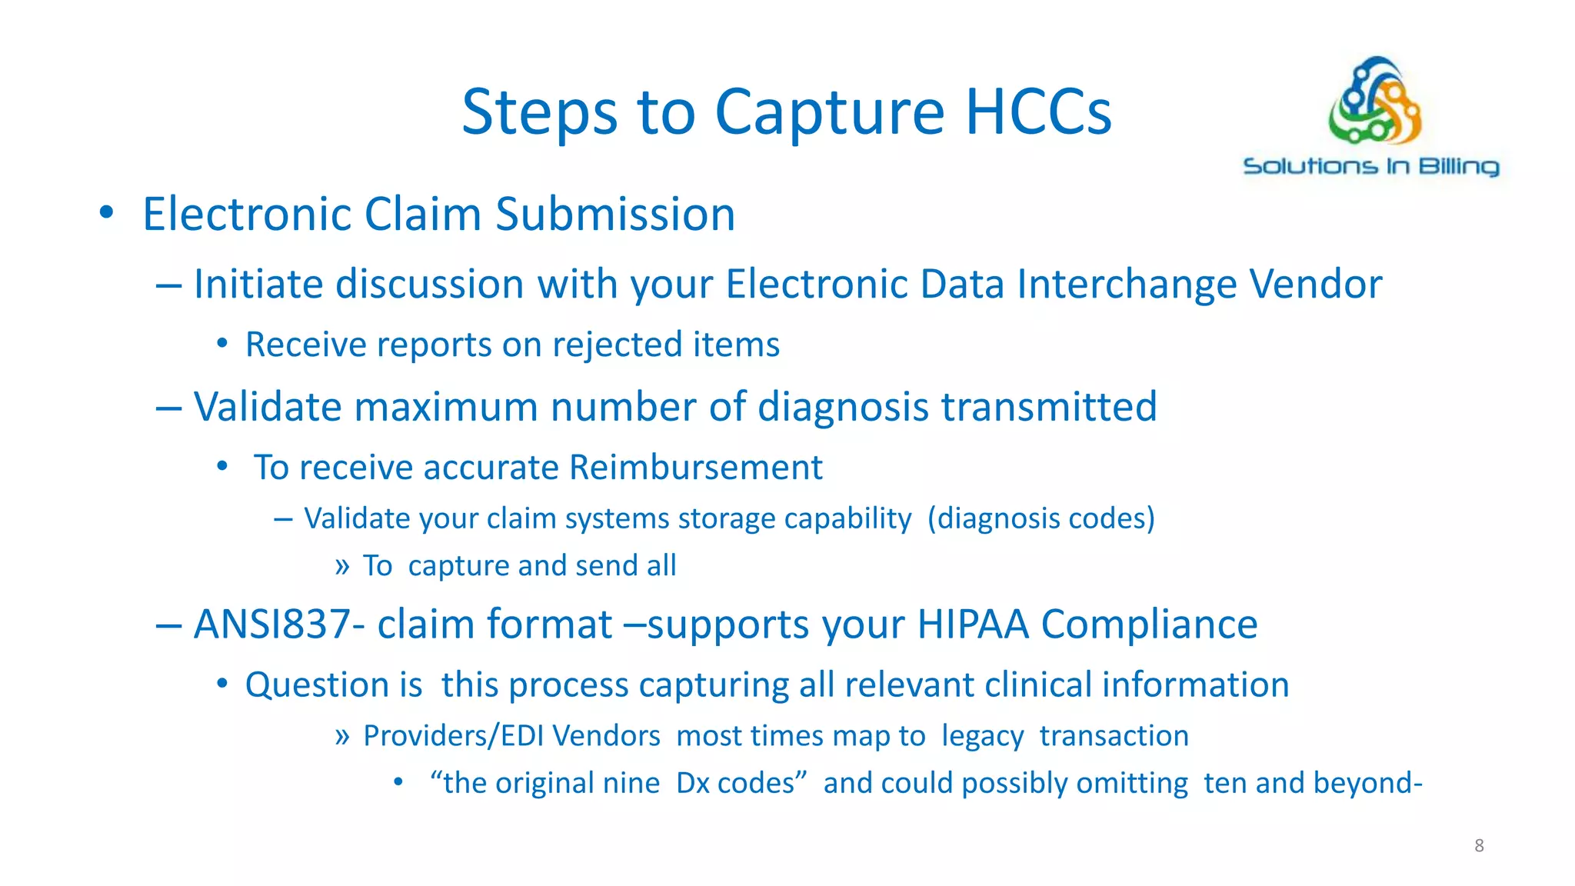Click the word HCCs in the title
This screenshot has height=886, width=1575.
1038,112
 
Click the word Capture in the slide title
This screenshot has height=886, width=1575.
829,112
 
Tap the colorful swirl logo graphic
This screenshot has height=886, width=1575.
1374,101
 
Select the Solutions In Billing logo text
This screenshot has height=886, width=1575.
1371,167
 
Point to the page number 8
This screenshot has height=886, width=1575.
1479,846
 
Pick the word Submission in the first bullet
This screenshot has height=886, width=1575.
615,214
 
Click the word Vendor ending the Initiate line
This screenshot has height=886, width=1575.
1316,284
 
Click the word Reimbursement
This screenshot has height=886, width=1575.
696,468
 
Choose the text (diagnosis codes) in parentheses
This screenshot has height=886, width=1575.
1041,518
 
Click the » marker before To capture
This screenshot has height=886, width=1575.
342,567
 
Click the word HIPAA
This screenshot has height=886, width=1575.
973,624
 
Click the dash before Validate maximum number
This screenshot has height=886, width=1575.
168,407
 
